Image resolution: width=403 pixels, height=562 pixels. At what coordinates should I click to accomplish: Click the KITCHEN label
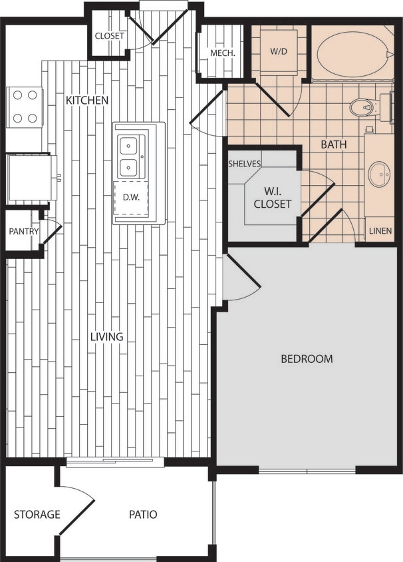point(86,100)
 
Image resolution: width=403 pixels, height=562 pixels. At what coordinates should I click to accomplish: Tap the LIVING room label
point(107,336)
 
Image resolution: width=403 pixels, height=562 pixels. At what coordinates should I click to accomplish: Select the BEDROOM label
point(307,359)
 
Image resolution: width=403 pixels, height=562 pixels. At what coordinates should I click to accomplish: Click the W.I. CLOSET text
point(272,198)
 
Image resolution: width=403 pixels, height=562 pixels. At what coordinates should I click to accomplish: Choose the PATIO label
point(143,514)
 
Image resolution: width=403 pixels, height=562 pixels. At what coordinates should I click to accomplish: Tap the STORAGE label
point(37,514)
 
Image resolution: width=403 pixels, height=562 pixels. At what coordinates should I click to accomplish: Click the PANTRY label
point(24,232)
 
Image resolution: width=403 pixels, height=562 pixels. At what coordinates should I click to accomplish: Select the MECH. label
point(221,53)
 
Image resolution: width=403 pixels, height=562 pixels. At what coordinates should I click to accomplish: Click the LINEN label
point(380,232)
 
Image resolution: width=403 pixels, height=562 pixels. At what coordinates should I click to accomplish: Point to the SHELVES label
point(245,163)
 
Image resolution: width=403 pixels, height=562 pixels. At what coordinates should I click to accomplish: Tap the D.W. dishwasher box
point(130,197)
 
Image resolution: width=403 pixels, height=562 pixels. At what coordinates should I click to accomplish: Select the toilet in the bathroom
point(366,107)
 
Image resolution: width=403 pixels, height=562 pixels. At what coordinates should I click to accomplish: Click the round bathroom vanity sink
point(380,174)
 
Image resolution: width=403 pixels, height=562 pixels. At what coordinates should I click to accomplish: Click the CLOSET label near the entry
point(110,36)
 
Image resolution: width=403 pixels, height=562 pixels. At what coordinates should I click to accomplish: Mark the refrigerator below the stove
point(29,178)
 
